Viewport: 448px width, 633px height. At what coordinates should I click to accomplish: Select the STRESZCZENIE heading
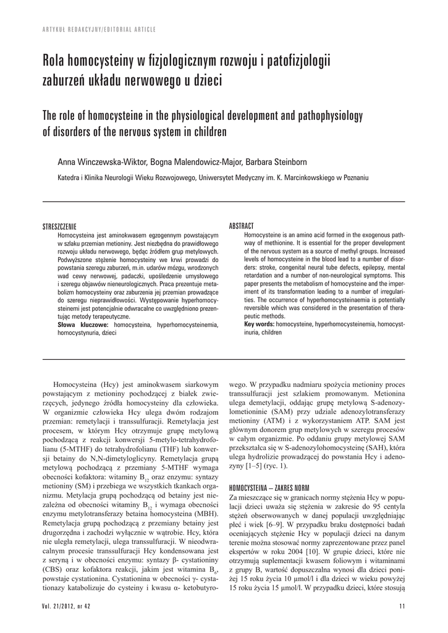[59, 227]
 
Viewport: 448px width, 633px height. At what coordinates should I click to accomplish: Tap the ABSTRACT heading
[241, 226]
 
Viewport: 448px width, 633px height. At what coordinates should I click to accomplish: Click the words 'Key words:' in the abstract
[260, 324]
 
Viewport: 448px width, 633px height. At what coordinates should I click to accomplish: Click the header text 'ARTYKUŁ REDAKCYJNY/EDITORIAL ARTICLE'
[99, 30]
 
